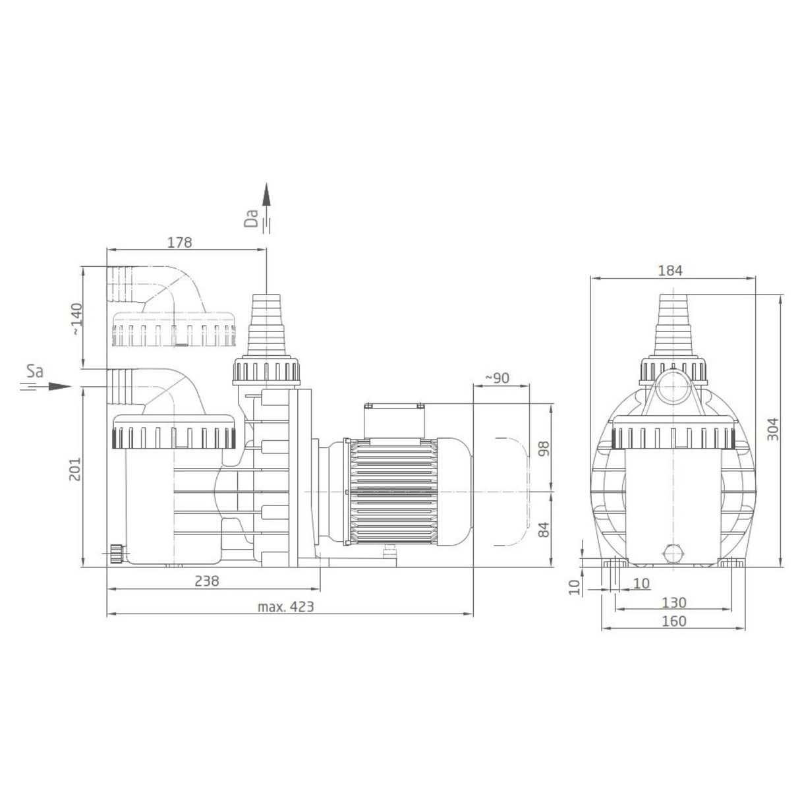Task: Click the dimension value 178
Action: [x=179, y=242]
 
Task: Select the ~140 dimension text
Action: [x=77, y=319]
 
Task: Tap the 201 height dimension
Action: [x=74, y=469]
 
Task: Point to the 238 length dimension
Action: [x=207, y=581]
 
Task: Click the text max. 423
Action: [x=285, y=606]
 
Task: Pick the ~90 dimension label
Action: [x=498, y=378]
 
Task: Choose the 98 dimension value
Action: [x=543, y=448]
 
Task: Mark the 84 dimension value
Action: [x=543, y=530]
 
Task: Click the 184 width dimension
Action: [x=670, y=271]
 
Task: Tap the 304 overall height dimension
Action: [x=772, y=429]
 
